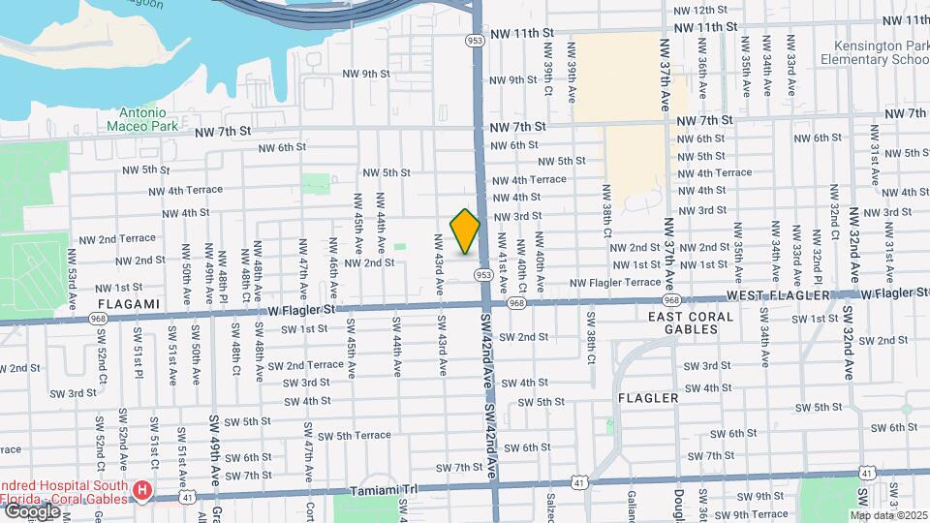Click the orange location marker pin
[466, 231]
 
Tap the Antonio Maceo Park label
[138, 119]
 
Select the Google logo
[31, 510]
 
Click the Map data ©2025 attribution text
[889, 514]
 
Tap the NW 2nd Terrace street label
[117, 238]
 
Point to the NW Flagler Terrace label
[615, 283]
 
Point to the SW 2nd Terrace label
[306, 365]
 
